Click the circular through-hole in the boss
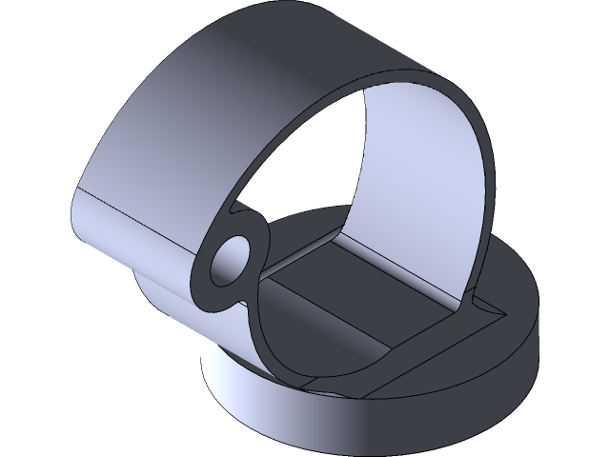(232, 260)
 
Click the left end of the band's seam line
(76, 190)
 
